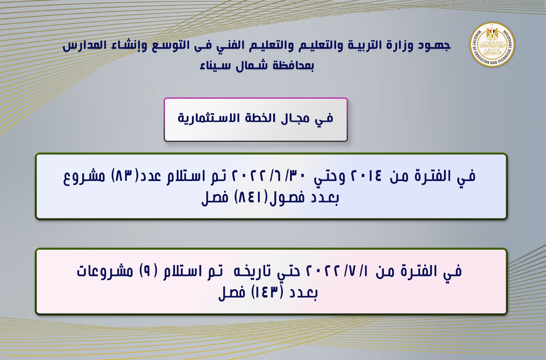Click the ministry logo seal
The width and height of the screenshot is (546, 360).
[492, 45]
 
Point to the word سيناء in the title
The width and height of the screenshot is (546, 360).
[215, 66]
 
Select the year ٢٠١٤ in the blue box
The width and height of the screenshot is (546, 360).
[365, 176]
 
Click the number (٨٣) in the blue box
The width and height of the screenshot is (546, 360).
[125, 176]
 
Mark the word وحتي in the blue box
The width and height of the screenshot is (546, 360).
[329, 177]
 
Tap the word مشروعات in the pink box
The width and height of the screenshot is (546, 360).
[105, 272]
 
